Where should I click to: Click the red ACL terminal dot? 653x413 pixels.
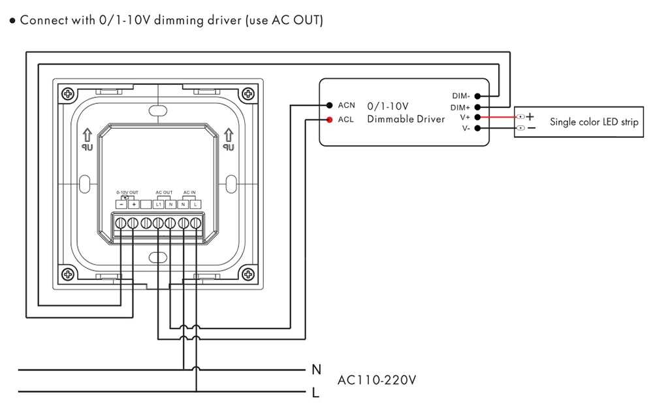pyautogui.click(x=329, y=120)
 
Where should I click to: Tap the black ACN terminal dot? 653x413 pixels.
pyautogui.click(x=329, y=105)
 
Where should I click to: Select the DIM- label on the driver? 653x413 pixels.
pyautogui.click(x=461, y=96)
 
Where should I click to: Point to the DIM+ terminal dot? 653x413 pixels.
pyautogui.click(x=477, y=107)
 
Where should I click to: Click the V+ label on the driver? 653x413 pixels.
pyautogui.click(x=465, y=118)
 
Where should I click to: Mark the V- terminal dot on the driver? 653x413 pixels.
pyautogui.click(x=477, y=128)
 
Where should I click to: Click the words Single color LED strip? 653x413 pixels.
pyautogui.click(x=594, y=122)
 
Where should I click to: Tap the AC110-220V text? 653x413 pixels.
pyautogui.click(x=377, y=380)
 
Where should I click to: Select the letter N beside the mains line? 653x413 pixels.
pyautogui.click(x=317, y=369)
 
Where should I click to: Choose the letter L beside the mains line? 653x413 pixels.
pyautogui.click(x=315, y=392)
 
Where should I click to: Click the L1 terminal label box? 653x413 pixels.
pyautogui.click(x=158, y=205)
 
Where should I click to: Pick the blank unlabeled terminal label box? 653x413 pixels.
pyautogui.click(x=146, y=205)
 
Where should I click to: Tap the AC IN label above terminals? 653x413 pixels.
pyautogui.click(x=189, y=193)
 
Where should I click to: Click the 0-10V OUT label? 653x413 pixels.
pyautogui.click(x=127, y=193)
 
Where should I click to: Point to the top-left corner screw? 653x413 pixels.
pyautogui.click(x=67, y=93)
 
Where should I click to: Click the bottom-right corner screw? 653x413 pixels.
pyautogui.click(x=248, y=274)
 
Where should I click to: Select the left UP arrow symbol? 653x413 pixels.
pyautogui.click(x=87, y=135)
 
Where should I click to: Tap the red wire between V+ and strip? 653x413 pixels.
pyautogui.click(x=498, y=117)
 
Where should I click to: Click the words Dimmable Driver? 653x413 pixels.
pyautogui.click(x=406, y=119)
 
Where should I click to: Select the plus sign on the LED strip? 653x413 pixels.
pyautogui.click(x=530, y=116)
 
